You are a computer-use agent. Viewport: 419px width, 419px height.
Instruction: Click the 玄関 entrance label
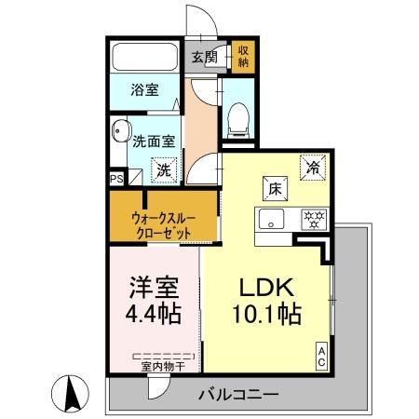click(x=204, y=56)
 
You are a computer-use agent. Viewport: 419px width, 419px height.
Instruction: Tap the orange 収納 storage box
click(x=243, y=56)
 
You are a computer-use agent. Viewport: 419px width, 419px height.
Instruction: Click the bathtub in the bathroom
click(x=145, y=58)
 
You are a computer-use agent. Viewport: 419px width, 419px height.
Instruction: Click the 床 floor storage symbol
click(x=276, y=187)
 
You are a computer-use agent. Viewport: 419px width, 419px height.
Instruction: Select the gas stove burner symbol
click(x=312, y=221)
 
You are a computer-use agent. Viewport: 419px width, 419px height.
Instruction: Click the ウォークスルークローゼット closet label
click(x=162, y=223)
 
